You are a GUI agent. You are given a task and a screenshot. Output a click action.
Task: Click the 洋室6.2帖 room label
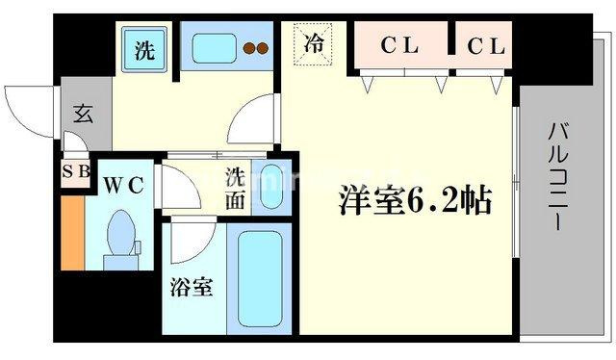415,200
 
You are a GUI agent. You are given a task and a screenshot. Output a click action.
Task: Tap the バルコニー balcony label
558,176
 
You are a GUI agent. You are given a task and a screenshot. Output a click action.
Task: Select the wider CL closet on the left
400,45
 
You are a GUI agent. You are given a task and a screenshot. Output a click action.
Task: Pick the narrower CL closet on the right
484,45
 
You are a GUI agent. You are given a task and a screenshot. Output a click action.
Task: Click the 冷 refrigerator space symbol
313,44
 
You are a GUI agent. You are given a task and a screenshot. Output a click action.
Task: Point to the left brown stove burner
249,48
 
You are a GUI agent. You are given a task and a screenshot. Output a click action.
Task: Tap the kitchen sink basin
214,48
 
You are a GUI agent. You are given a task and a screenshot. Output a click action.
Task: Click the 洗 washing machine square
144,49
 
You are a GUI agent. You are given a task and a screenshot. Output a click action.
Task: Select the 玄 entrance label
84,114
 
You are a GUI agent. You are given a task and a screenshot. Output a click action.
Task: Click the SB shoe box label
77,171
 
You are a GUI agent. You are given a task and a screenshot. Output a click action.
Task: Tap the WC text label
123,185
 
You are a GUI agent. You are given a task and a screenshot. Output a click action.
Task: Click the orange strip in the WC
73,233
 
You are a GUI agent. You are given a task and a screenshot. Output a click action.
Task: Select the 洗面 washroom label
235,189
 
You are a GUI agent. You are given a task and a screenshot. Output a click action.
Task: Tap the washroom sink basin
271,187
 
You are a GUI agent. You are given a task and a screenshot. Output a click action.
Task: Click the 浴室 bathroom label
192,287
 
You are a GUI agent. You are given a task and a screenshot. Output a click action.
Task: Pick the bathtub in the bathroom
260,278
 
